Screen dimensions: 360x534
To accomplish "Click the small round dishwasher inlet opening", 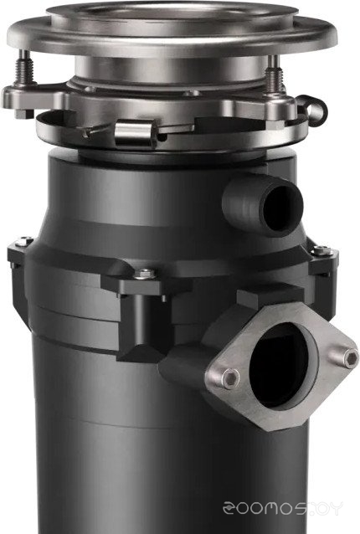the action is click(x=282, y=208).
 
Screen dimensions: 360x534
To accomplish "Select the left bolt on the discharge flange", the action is click(x=231, y=378).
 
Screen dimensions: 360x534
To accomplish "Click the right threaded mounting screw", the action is click(x=275, y=75).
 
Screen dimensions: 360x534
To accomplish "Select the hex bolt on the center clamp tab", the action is click(x=145, y=274).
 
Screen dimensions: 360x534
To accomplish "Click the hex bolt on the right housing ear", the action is click(x=322, y=250).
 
